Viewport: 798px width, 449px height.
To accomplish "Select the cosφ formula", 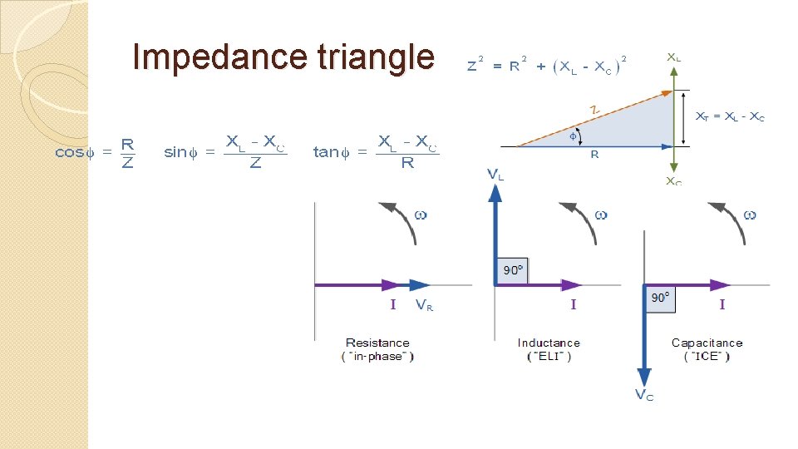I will pyautogui.click(x=95, y=152).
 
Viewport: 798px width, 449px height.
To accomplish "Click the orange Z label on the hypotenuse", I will pyautogui.click(x=594, y=109).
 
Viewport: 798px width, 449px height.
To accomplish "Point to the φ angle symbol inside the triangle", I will pyautogui.click(x=573, y=136).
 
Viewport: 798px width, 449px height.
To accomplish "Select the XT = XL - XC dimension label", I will pyautogui.click(x=729, y=117).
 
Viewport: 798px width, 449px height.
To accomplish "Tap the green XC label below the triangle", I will pyautogui.click(x=673, y=180).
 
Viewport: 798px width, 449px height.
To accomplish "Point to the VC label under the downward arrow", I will pyautogui.click(x=643, y=395).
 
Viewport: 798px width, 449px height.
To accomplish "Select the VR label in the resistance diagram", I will pyautogui.click(x=424, y=305).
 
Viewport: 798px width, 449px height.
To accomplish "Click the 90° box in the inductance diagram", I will pyautogui.click(x=513, y=270).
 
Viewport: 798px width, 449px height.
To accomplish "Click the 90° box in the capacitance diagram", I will pyautogui.click(x=661, y=298).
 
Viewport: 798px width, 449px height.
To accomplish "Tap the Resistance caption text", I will pyautogui.click(x=377, y=343).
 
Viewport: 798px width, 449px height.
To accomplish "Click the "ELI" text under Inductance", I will pyautogui.click(x=549, y=357).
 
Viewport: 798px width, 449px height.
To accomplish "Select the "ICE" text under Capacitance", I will pyautogui.click(x=707, y=357).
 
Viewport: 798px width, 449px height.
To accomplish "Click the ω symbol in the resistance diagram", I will pyautogui.click(x=421, y=215).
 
